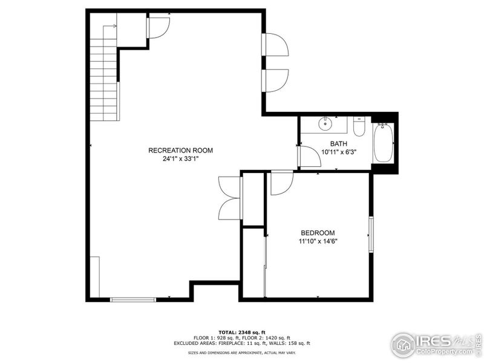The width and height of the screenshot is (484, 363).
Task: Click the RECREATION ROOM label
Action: pos(180,150)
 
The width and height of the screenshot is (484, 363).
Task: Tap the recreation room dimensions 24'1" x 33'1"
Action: pos(180,159)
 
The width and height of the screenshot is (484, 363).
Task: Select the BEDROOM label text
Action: pos(318,233)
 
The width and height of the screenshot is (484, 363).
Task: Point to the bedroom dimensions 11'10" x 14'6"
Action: pos(318,241)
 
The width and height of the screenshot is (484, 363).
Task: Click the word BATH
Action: pos(338,143)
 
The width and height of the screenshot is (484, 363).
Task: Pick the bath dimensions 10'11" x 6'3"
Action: pos(338,152)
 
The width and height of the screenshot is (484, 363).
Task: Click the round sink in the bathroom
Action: pos(326,124)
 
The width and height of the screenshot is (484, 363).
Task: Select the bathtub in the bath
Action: pos(383,143)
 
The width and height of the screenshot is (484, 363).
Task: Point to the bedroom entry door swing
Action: pos(281,183)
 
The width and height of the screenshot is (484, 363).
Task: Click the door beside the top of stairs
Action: pos(159,28)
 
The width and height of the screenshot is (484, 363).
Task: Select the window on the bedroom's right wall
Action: pos(371,232)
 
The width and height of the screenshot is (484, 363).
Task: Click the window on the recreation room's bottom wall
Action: pos(132,299)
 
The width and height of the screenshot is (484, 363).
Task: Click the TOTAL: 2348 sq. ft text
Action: pos(242,332)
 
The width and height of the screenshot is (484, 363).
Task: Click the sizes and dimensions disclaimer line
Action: pos(242,352)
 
